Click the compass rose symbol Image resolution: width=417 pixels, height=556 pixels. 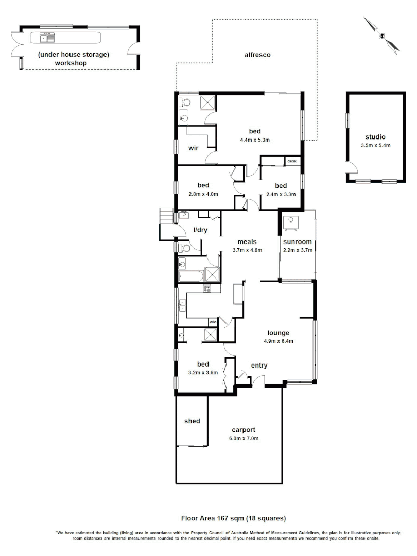(x=382, y=35)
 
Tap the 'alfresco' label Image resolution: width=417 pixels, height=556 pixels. (x=257, y=55)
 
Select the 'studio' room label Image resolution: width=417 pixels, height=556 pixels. (x=375, y=137)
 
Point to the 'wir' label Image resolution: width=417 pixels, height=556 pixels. (x=193, y=148)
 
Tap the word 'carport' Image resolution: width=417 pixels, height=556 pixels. (x=244, y=430)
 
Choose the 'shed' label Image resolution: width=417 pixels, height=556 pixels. (x=192, y=421)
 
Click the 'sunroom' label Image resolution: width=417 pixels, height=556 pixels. (x=298, y=242)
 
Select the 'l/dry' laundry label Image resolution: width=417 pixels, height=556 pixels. (x=200, y=230)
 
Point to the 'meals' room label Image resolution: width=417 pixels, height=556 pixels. (x=247, y=242)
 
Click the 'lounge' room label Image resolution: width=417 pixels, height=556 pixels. (x=278, y=333)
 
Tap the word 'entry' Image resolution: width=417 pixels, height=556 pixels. (x=259, y=366)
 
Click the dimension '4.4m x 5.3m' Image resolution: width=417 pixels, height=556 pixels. (x=255, y=140)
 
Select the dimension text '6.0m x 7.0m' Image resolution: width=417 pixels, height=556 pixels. (x=244, y=439)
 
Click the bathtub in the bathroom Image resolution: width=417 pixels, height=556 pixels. (x=190, y=277)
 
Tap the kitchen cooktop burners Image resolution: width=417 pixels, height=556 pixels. (x=207, y=289)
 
